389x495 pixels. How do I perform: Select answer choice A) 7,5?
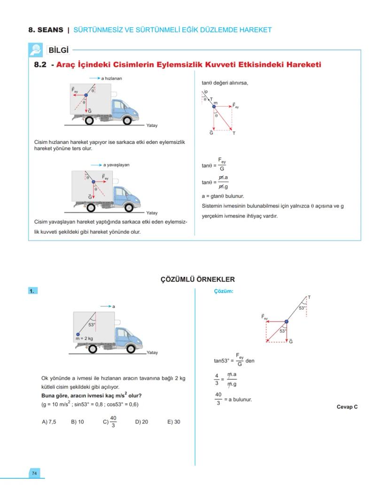[x=49, y=422]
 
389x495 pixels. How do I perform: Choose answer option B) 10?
[x=78, y=422]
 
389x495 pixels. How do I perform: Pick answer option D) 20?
[x=141, y=422]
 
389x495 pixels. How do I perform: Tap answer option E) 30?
[x=173, y=422]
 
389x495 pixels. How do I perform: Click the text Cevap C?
[x=347, y=407]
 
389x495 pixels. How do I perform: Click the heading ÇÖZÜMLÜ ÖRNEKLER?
[x=198, y=279]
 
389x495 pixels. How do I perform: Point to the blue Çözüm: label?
[x=223, y=291]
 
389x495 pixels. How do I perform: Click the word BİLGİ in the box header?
[x=59, y=50]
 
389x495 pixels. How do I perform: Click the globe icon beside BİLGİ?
[x=36, y=50]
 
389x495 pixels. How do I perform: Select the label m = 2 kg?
[x=84, y=338]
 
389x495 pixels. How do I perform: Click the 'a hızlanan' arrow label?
[x=112, y=79]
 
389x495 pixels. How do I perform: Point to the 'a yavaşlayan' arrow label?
[x=116, y=165]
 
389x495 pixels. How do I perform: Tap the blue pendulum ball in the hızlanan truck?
[x=86, y=95]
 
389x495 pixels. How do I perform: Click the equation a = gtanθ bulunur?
[x=223, y=196]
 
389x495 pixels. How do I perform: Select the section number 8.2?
[x=40, y=65]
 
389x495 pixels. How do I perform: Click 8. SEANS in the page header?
[x=46, y=30]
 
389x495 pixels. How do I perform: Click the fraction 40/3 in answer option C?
[x=113, y=422]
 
